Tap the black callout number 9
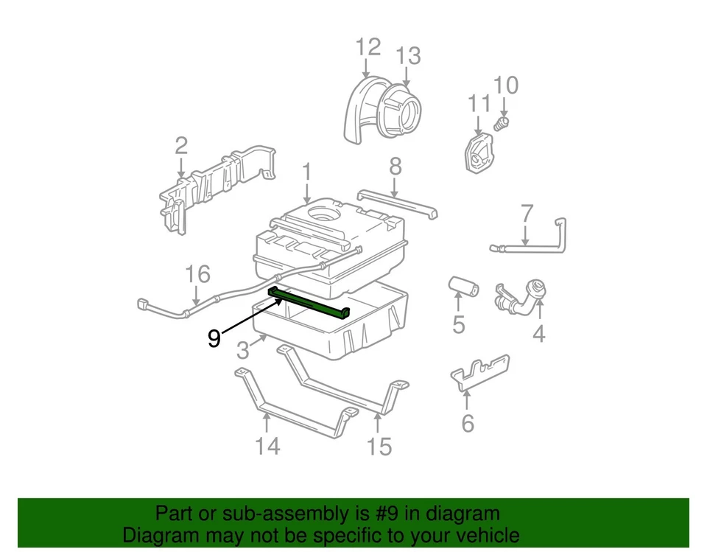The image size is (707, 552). coord(214,338)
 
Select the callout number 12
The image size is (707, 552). coord(367,47)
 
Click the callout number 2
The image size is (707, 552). coord(181,147)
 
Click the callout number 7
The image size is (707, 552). coord(527,214)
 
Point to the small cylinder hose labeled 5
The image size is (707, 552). coord(464,286)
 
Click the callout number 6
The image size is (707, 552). coord(468,423)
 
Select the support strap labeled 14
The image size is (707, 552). coord(295,405)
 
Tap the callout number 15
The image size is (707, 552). coord(380,446)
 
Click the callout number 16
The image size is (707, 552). coord(197,275)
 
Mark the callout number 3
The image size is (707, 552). coord(243,351)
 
